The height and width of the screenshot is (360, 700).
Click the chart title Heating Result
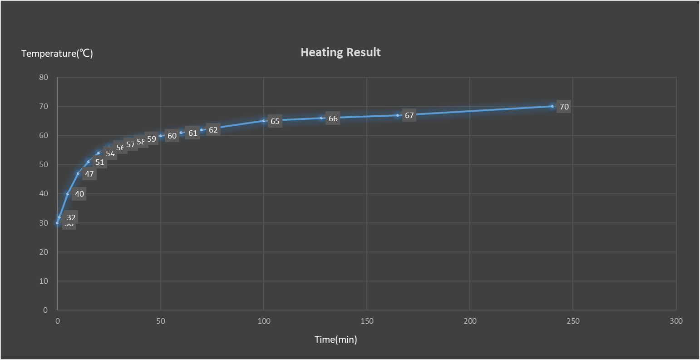click(x=340, y=52)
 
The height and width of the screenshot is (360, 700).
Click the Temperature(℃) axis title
click(x=57, y=54)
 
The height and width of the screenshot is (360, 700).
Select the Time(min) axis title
click(x=336, y=340)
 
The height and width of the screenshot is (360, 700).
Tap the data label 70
click(x=564, y=107)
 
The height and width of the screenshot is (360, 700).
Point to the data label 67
click(x=409, y=115)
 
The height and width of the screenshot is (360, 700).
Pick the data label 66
click(x=333, y=118)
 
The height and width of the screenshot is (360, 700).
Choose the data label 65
click(x=275, y=121)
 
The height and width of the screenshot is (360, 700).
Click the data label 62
click(x=213, y=130)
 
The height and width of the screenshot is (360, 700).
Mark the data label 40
click(x=79, y=194)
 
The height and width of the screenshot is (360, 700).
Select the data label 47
click(x=89, y=174)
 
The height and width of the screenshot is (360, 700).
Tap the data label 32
click(x=71, y=217)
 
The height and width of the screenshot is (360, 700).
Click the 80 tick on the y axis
click(x=44, y=77)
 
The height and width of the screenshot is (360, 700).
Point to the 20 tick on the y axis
click(x=44, y=252)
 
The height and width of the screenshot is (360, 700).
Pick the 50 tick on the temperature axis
click(x=44, y=164)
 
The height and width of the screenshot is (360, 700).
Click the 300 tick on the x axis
click(x=676, y=321)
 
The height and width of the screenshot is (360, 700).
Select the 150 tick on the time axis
click(x=367, y=321)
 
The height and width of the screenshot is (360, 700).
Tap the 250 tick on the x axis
click(x=573, y=321)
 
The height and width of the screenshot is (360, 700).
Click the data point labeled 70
click(x=552, y=106)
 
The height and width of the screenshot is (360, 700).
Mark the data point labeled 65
click(x=264, y=121)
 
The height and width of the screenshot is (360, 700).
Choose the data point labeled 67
click(x=398, y=115)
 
